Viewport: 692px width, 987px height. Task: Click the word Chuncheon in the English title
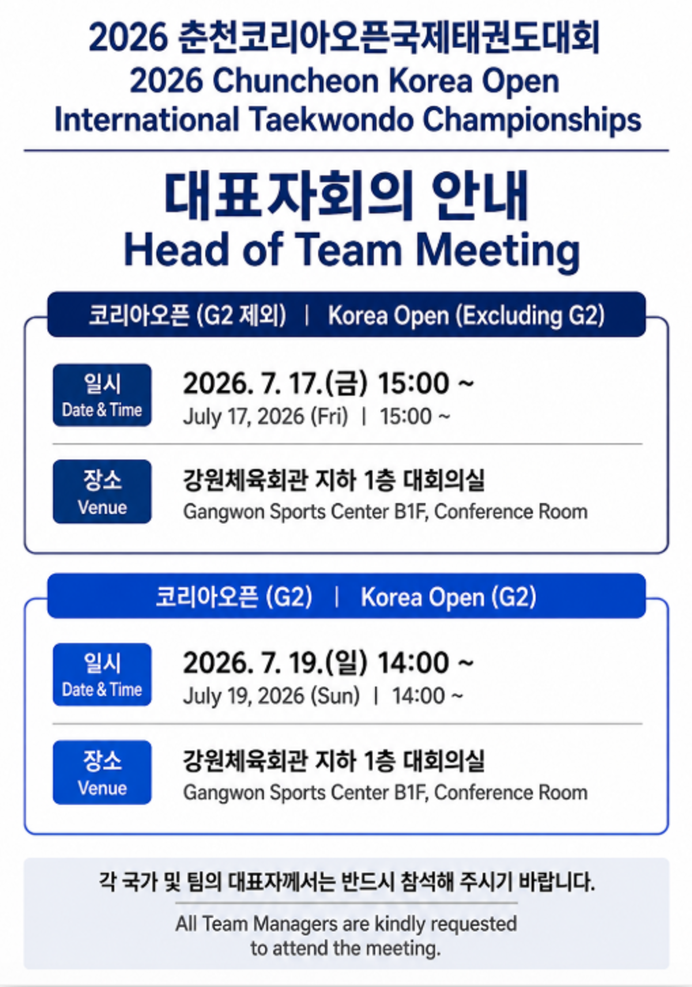pyautogui.click(x=295, y=81)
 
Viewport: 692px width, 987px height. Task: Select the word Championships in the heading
pyautogui.click(x=532, y=120)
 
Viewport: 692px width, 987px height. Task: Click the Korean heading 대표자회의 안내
pyautogui.click(x=346, y=197)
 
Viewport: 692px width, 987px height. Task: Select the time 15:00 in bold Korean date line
pyautogui.click(x=413, y=383)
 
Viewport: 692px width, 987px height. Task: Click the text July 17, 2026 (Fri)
pyautogui.click(x=265, y=416)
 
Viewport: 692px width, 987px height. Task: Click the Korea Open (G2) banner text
pyautogui.click(x=448, y=597)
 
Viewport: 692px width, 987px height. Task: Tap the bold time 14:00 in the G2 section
pyautogui.click(x=413, y=662)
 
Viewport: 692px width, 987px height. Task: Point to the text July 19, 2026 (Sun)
pyautogui.click(x=271, y=696)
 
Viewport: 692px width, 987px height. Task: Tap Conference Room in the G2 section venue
pyautogui.click(x=511, y=792)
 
